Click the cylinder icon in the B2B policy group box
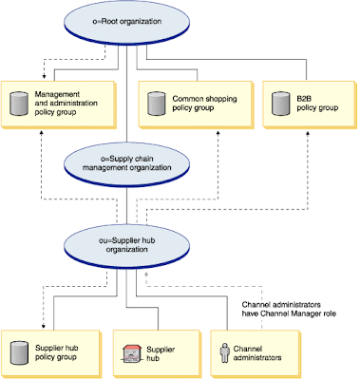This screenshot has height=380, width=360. coord(280,102)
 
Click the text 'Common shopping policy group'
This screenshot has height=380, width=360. coord(203,102)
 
